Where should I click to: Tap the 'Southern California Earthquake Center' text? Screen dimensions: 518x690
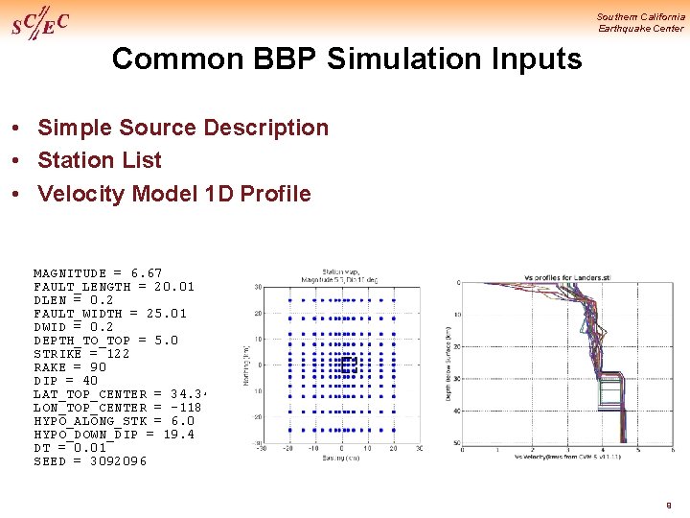pos(640,22)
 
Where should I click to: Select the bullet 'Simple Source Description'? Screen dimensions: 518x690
pos(182,128)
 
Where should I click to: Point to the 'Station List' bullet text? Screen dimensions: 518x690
pos(99,160)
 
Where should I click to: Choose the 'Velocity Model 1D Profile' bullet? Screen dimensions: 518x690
pos(173,194)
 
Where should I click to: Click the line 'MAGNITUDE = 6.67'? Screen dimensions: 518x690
pos(98,273)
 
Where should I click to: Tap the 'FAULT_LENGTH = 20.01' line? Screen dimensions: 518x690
pos(113,287)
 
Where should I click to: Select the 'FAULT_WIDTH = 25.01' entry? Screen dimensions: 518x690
pos(110,314)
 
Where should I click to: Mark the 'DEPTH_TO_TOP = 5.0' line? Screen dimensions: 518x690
pos(105,341)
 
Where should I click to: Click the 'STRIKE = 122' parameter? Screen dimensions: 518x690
pos(81,354)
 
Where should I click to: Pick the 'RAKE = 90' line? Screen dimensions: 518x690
pos(70,367)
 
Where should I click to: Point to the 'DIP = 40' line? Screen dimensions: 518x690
pos(65,381)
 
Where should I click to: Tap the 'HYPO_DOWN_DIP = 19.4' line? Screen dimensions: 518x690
pos(113,435)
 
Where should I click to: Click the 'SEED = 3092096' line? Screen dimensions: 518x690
pos(90,461)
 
